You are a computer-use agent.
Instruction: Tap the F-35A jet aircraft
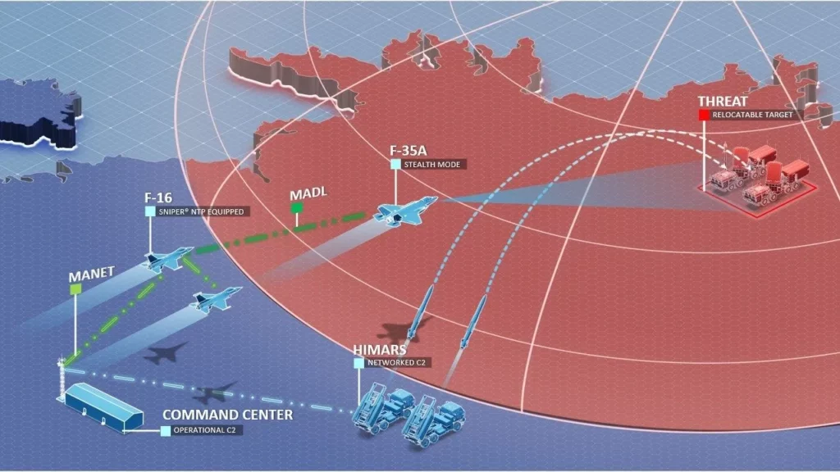point(405,210)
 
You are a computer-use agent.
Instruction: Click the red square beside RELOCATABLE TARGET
point(704,116)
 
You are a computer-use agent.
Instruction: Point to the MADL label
point(308,196)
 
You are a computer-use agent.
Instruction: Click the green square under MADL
point(296,209)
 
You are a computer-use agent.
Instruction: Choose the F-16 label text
point(158,197)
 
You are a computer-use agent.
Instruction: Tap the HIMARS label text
point(377,350)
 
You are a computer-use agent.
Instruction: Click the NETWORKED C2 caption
point(397,362)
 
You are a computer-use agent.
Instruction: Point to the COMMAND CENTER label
point(227,415)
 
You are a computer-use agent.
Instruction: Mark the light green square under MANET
point(75,289)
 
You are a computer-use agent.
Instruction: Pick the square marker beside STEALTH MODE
point(395,165)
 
